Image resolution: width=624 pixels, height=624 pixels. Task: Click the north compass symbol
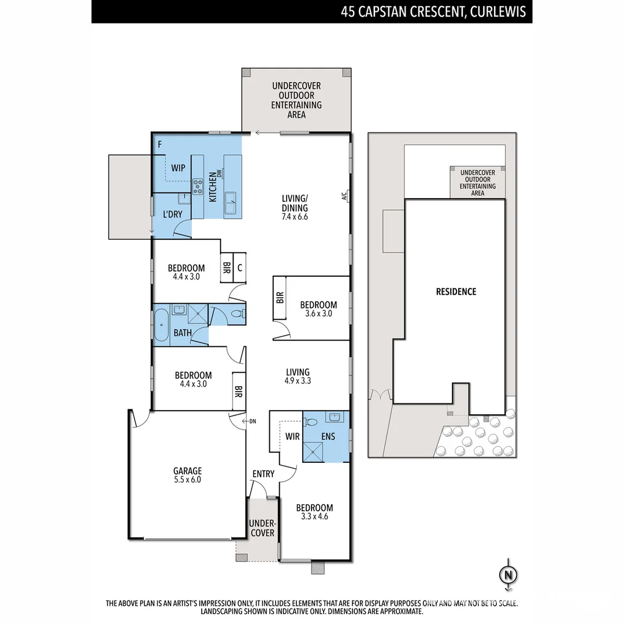click(x=508, y=575)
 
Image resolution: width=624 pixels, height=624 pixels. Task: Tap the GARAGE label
click(x=188, y=471)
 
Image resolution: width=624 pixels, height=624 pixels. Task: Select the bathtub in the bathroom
click(x=161, y=325)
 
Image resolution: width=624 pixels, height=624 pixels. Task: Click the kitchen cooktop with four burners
click(x=198, y=185)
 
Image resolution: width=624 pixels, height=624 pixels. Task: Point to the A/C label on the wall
click(x=344, y=196)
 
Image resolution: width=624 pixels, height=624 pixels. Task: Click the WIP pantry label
click(x=179, y=168)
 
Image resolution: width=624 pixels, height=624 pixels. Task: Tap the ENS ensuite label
click(x=328, y=436)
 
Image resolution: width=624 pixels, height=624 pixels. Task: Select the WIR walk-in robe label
click(x=292, y=436)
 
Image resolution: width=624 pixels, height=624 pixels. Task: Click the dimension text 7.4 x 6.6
click(x=295, y=217)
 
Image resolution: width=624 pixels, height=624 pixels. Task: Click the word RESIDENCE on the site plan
click(x=456, y=292)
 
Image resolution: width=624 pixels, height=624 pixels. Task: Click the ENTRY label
click(x=263, y=474)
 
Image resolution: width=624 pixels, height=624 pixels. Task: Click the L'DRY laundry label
click(x=173, y=214)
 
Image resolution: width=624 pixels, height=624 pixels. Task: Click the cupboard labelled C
click(x=239, y=268)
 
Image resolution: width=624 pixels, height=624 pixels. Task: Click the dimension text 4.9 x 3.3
click(x=297, y=381)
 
